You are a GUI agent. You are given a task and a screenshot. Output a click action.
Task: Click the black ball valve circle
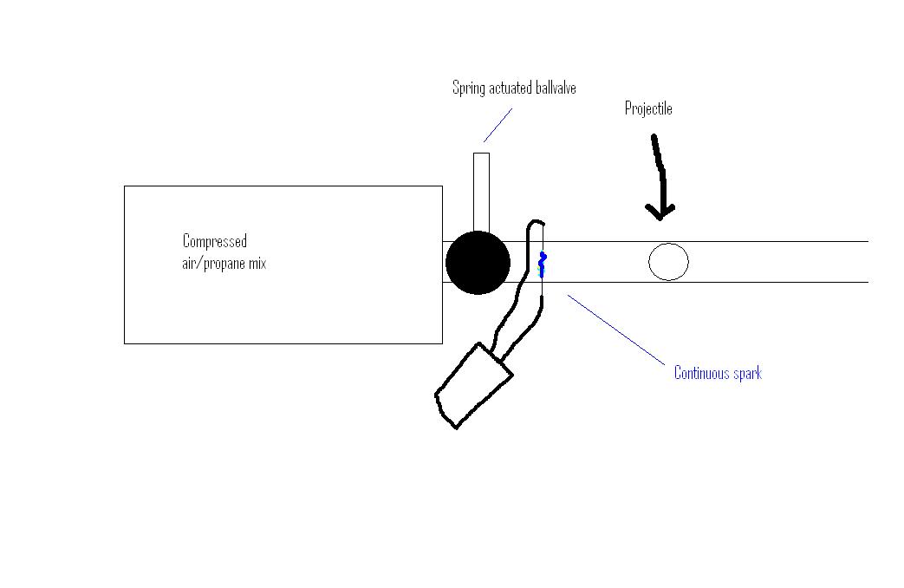(478, 263)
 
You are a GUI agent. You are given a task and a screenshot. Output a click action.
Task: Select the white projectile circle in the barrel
(668, 262)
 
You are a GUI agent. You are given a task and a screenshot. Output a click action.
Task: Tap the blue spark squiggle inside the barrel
(543, 264)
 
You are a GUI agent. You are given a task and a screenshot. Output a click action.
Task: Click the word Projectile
(648, 109)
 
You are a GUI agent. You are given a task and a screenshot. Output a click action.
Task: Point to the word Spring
(467, 88)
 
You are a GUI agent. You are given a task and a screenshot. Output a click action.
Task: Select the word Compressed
(215, 241)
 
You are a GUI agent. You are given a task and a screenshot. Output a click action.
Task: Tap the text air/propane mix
(224, 264)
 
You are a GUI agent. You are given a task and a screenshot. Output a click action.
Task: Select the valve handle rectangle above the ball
(481, 191)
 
